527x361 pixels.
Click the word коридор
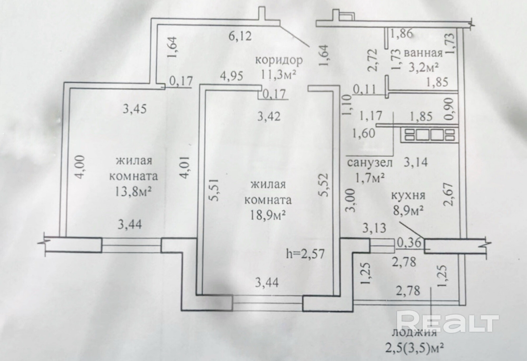pyautogui.click(x=279, y=60)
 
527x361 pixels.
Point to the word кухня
pyautogui.click(x=408, y=196)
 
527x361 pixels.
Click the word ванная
pyautogui.click(x=423, y=53)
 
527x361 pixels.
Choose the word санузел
pyautogui.click(x=370, y=163)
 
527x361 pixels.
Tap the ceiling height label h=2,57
pyautogui.click(x=305, y=254)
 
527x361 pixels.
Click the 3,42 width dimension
pyautogui.click(x=269, y=116)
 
